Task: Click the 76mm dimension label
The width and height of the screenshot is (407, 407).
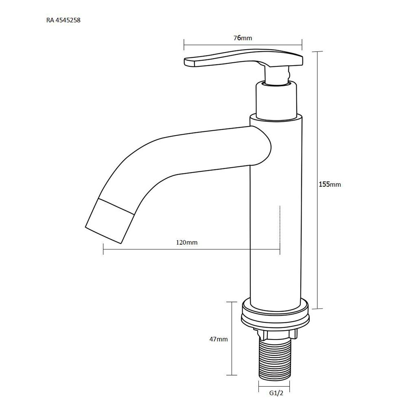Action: coord(243,38)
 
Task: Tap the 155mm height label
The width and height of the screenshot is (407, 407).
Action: coord(330,184)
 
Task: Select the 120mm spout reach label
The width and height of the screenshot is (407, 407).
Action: coord(187,243)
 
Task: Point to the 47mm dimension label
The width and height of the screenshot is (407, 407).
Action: coord(219,339)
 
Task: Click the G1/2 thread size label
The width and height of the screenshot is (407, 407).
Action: coord(276,393)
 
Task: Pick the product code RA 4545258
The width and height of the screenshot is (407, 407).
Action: coord(63,20)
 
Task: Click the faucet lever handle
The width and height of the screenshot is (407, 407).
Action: coord(243,58)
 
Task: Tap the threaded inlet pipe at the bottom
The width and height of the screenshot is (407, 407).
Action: coord(274,357)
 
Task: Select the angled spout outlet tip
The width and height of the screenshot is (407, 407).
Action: coord(109,221)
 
